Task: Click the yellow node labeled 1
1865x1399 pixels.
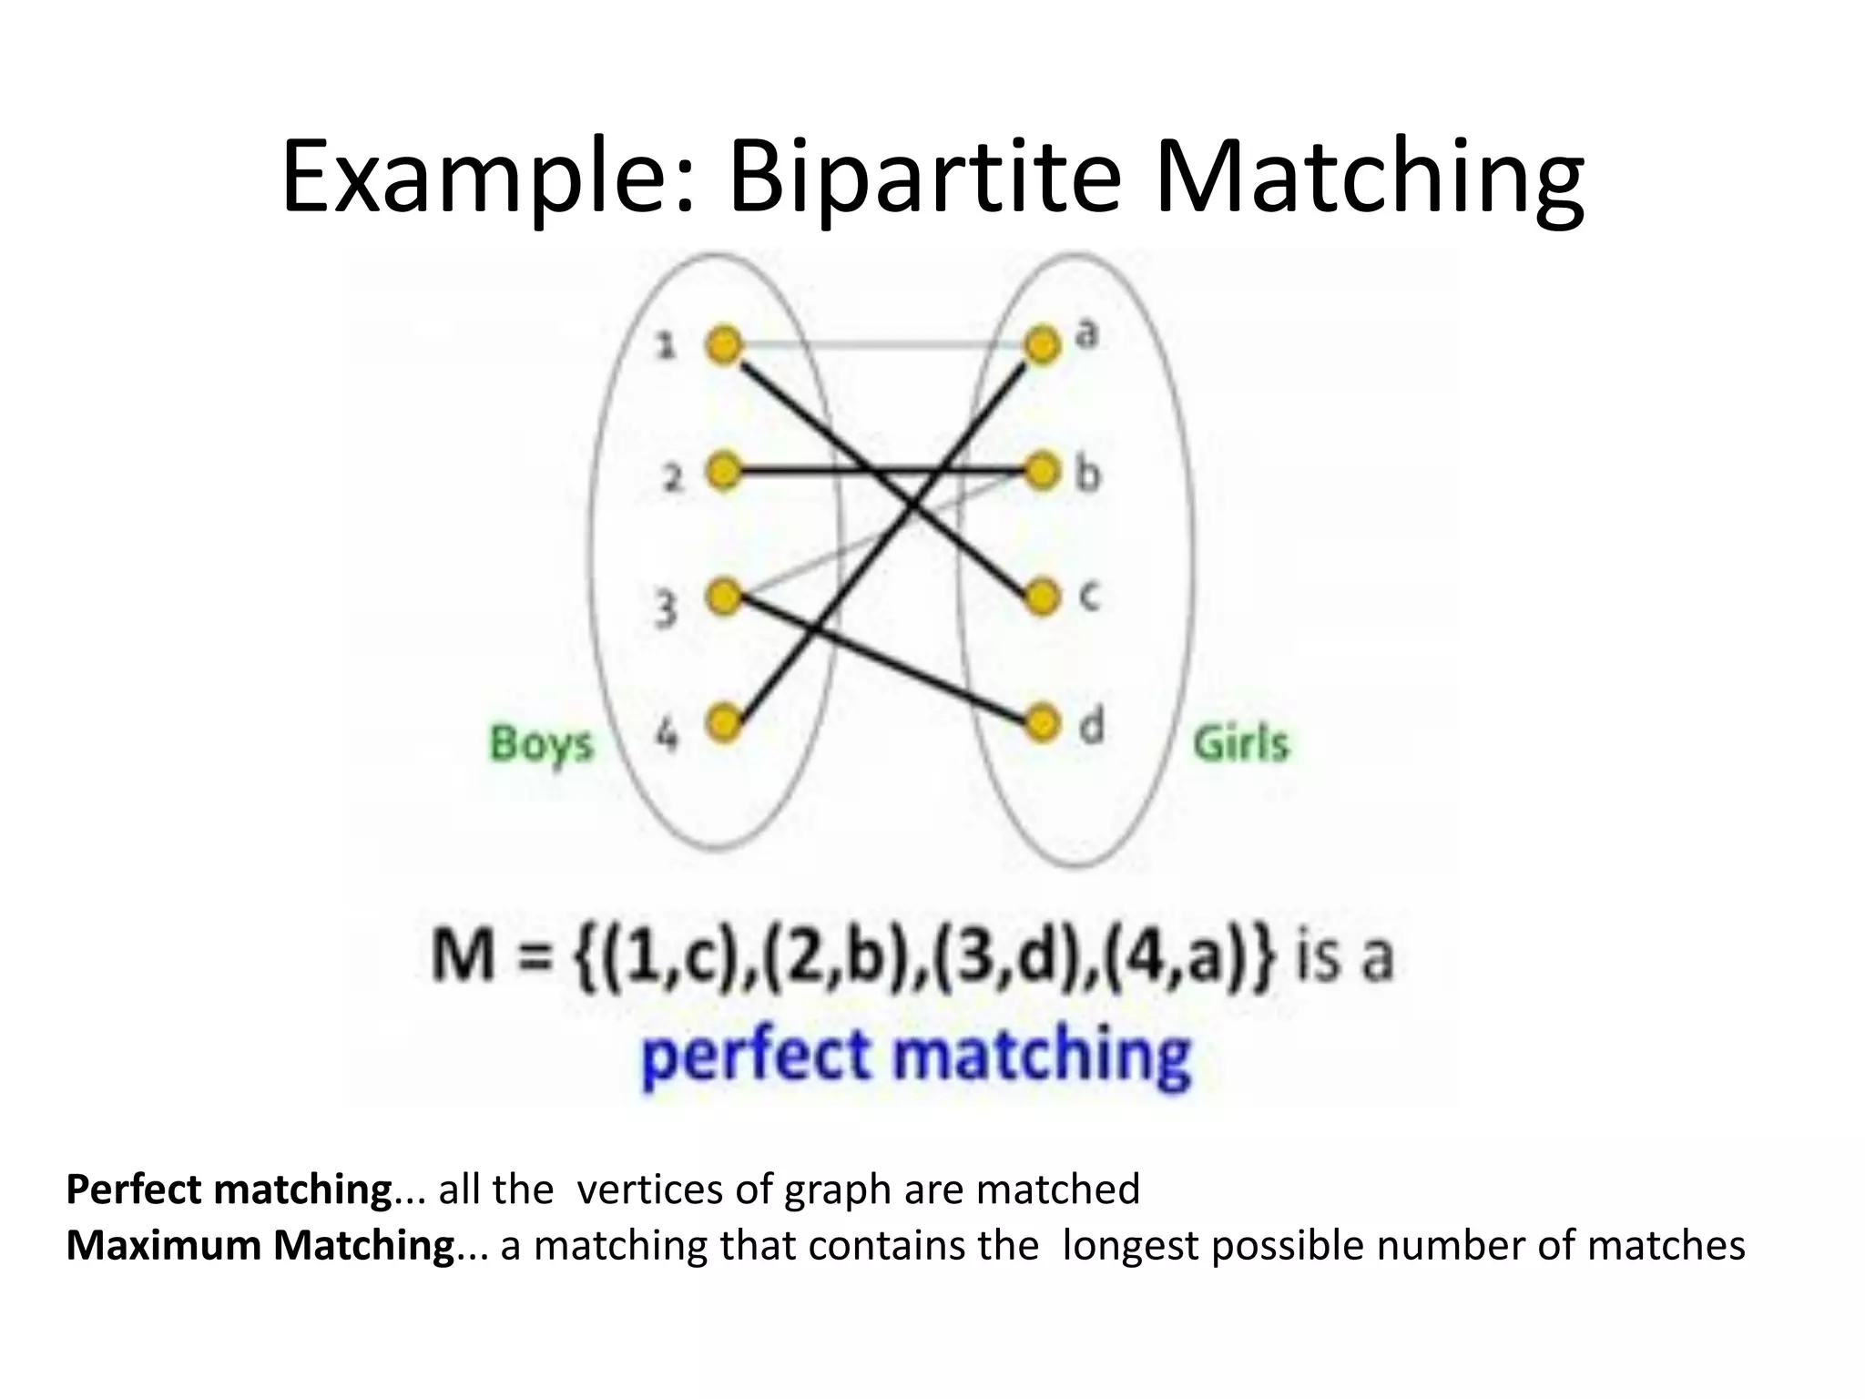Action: [724, 346]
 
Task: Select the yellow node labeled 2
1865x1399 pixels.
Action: [724, 472]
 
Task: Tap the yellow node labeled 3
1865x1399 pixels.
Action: [724, 598]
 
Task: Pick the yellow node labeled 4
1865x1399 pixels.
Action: [724, 723]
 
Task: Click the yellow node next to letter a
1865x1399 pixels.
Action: [1043, 346]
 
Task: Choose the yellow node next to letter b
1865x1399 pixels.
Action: [1043, 472]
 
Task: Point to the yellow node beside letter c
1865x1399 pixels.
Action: [1043, 598]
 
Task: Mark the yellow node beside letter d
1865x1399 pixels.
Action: [1043, 723]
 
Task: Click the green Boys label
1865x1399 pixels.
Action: [541, 744]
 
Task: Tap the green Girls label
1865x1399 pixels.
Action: [1241, 743]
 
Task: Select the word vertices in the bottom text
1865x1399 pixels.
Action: [653, 1190]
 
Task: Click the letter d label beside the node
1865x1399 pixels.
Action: [1092, 726]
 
